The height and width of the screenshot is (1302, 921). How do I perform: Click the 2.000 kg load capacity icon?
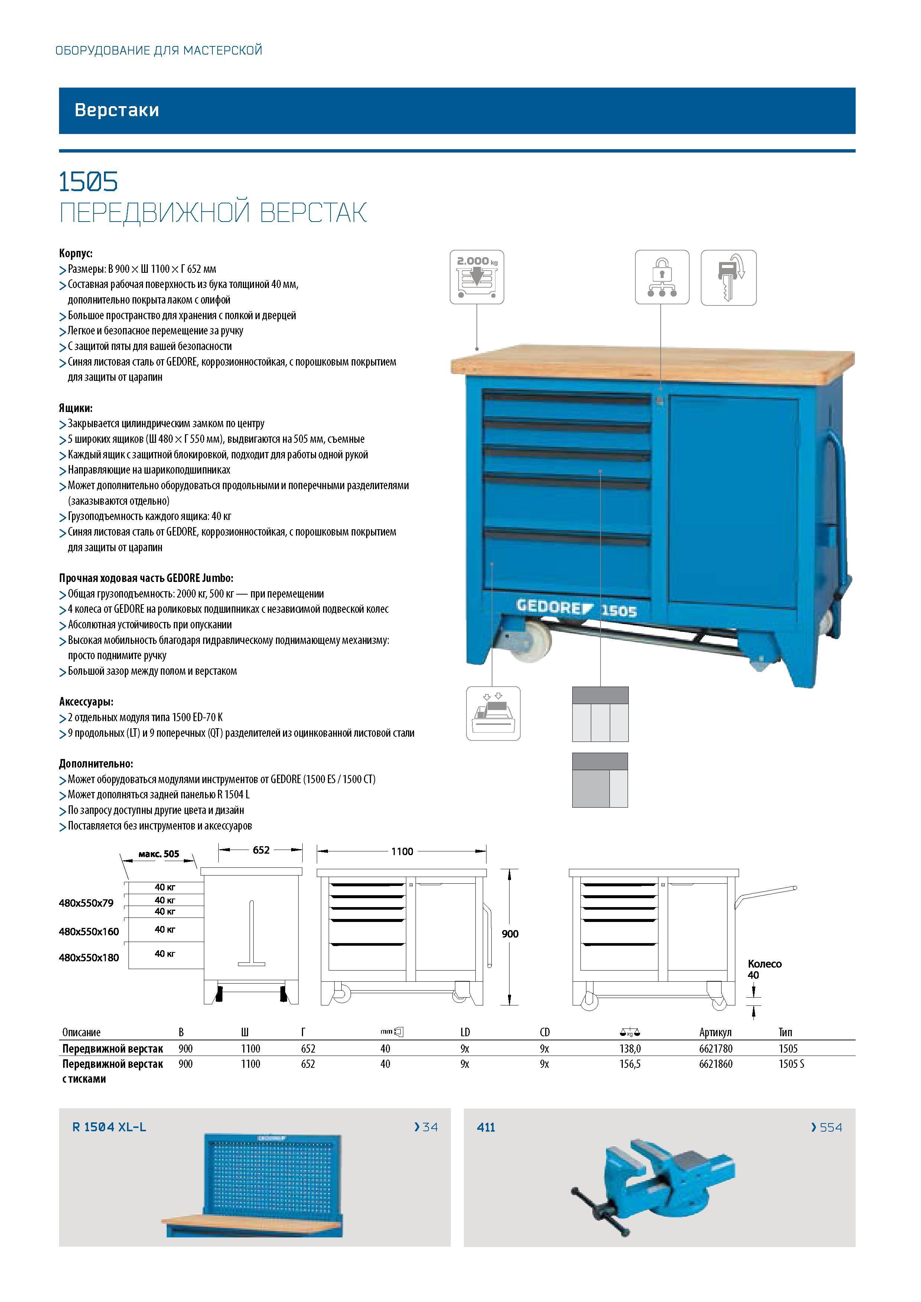tap(477, 277)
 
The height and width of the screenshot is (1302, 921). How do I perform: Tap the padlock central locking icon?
tap(662, 277)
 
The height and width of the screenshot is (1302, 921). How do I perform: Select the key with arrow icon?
tap(729, 277)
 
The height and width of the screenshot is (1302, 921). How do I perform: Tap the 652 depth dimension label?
tap(261, 850)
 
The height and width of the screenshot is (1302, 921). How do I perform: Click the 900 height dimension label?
tap(510, 934)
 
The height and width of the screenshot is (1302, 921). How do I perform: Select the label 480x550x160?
tap(89, 931)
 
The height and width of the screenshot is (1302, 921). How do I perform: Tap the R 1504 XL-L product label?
tap(109, 1127)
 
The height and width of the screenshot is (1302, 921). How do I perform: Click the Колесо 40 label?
tap(764, 969)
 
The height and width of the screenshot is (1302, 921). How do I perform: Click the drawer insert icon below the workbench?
tap(493, 713)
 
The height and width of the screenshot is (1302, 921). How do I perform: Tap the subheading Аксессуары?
tap(86, 701)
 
